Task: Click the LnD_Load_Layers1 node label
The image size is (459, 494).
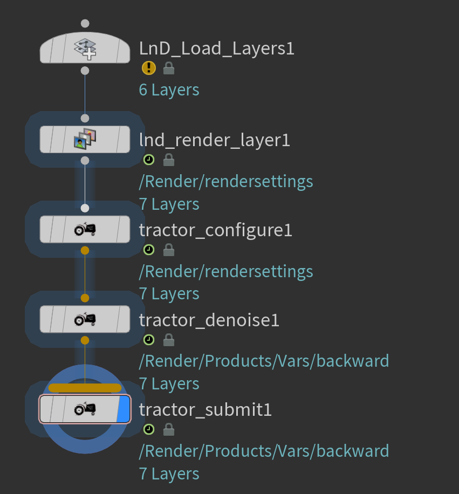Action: tap(216, 49)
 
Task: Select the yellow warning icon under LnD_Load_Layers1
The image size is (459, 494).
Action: tap(149, 68)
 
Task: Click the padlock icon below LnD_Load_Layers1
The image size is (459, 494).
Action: tap(169, 68)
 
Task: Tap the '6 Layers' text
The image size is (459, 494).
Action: tap(169, 90)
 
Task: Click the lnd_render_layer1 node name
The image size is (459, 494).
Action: tap(214, 140)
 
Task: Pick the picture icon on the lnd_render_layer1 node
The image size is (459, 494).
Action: tap(85, 139)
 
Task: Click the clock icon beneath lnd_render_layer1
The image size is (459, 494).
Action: tap(149, 160)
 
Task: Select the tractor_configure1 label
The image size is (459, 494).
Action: tap(215, 230)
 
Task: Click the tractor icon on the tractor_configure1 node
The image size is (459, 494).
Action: tap(85, 230)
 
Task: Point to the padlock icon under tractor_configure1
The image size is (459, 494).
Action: tap(169, 250)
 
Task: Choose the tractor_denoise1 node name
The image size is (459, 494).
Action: tap(209, 320)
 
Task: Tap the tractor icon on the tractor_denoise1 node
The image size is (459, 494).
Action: tap(85, 320)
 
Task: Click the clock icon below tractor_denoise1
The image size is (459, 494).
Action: tap(149, 340)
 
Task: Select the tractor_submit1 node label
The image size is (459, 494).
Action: tap(205, 410)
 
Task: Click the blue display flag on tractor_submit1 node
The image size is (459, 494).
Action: tap(124, 409)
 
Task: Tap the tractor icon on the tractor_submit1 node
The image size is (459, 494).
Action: tap(85, 409)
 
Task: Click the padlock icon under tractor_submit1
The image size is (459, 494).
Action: tap(169, 429)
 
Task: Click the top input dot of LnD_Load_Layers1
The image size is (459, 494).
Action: tap(85, 24)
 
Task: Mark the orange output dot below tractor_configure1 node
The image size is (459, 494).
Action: tap(85, 250)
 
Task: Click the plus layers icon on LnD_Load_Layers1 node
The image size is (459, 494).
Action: tap(85, 49)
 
